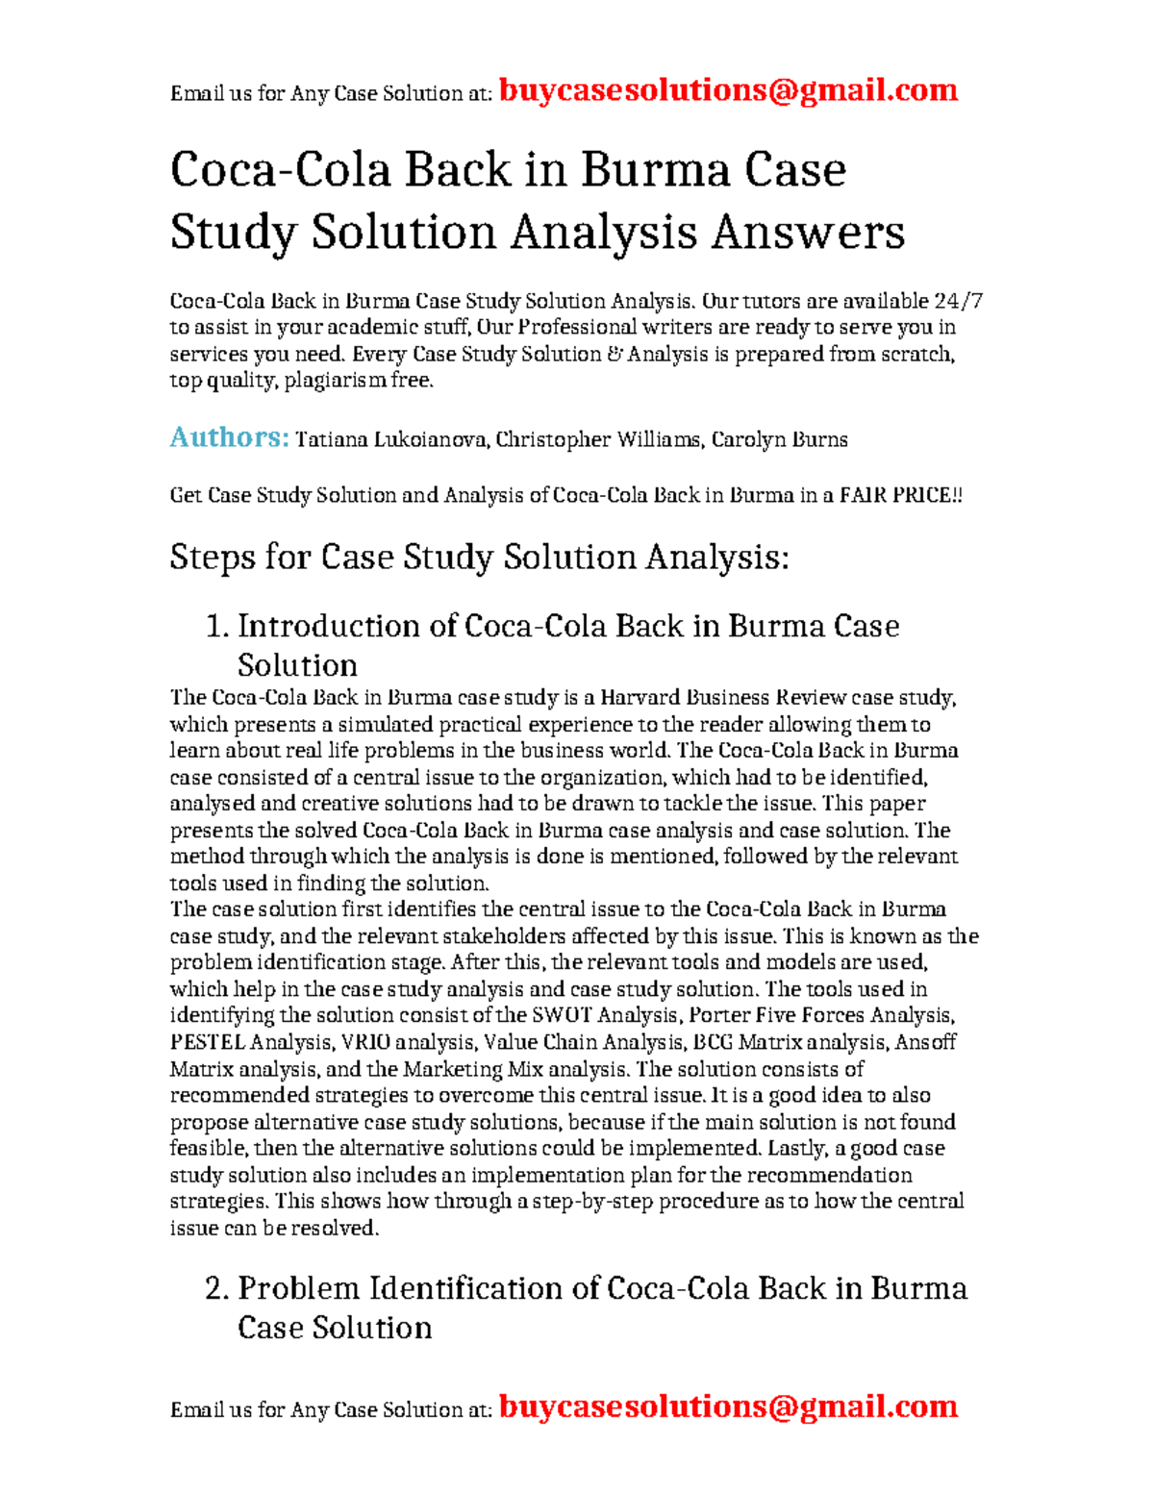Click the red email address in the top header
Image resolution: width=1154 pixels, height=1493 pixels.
click(728, 90)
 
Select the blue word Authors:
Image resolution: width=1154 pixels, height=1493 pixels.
click(229, 437)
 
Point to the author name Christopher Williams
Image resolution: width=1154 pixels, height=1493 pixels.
click(598, 440)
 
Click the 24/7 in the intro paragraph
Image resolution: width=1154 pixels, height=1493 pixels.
click(959, 301)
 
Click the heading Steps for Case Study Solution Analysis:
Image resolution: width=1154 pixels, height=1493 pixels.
click(479, 557)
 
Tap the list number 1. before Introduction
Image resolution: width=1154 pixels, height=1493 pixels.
click(217, 626)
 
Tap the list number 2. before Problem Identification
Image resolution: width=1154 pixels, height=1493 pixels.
click(217, 1288)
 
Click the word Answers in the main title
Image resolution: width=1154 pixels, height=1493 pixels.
click(808, 233)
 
